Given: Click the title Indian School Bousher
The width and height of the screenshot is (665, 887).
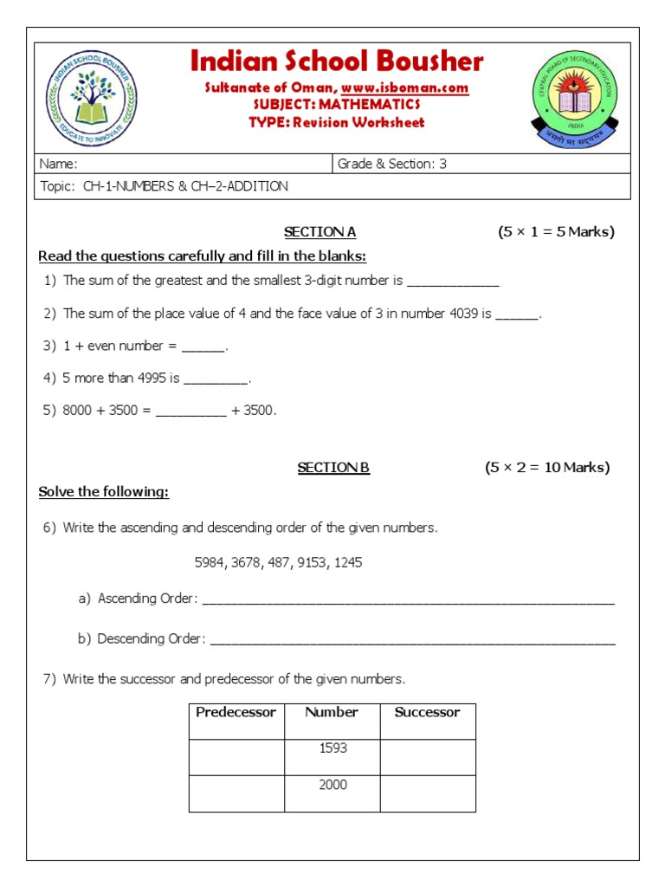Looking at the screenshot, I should point(336,62).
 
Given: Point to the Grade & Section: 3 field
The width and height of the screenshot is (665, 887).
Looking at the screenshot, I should point(391,164).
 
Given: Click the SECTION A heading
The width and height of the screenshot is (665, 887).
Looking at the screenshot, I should point(320,232).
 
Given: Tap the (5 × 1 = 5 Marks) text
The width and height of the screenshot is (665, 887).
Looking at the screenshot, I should point(556,232).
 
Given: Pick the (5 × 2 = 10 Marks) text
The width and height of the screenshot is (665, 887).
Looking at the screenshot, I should point(547,468).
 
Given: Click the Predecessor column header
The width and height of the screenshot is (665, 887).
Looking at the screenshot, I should point(236,713).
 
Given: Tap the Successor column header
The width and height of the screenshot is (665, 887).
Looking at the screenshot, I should point(427,713).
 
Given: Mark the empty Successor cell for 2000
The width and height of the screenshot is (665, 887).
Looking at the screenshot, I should point(428,793).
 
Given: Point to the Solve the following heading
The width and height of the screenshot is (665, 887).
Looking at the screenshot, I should point(104,493).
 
